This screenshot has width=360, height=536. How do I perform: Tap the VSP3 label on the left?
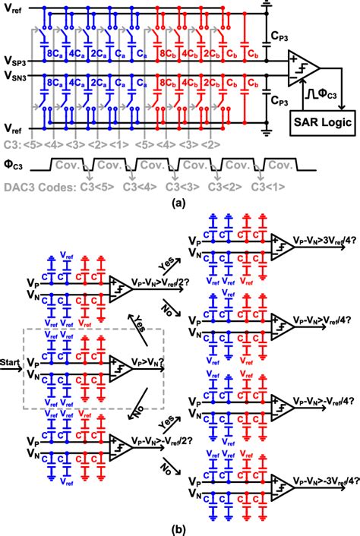pyautogui.click(x=15, y=60)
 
